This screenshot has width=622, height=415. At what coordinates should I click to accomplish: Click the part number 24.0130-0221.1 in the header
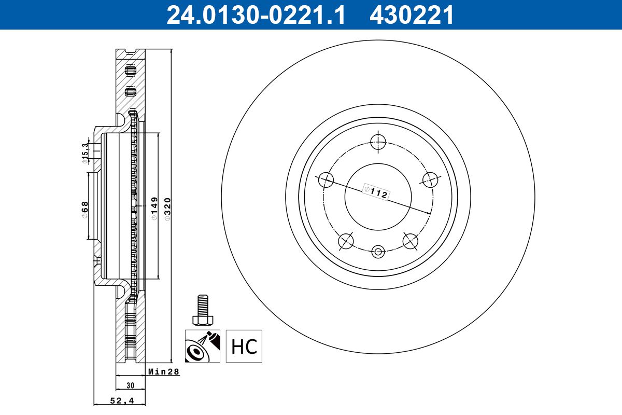(256, 15)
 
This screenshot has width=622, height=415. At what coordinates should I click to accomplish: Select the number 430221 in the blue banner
(412, 15)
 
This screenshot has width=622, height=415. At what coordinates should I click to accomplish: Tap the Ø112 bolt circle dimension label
(376, 192)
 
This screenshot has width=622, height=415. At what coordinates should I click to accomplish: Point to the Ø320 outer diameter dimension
(167, 209)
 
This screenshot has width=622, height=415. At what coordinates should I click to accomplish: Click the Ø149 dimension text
(154, 209)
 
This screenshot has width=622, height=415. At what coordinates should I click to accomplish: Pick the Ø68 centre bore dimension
(84, 210)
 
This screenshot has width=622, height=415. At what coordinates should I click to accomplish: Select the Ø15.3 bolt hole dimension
(85, 153)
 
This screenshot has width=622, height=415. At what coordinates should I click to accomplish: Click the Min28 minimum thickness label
(164, 371)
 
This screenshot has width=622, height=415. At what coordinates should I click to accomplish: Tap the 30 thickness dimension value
(130, 385)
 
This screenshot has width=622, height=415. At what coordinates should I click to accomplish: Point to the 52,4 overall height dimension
(122, 400)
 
